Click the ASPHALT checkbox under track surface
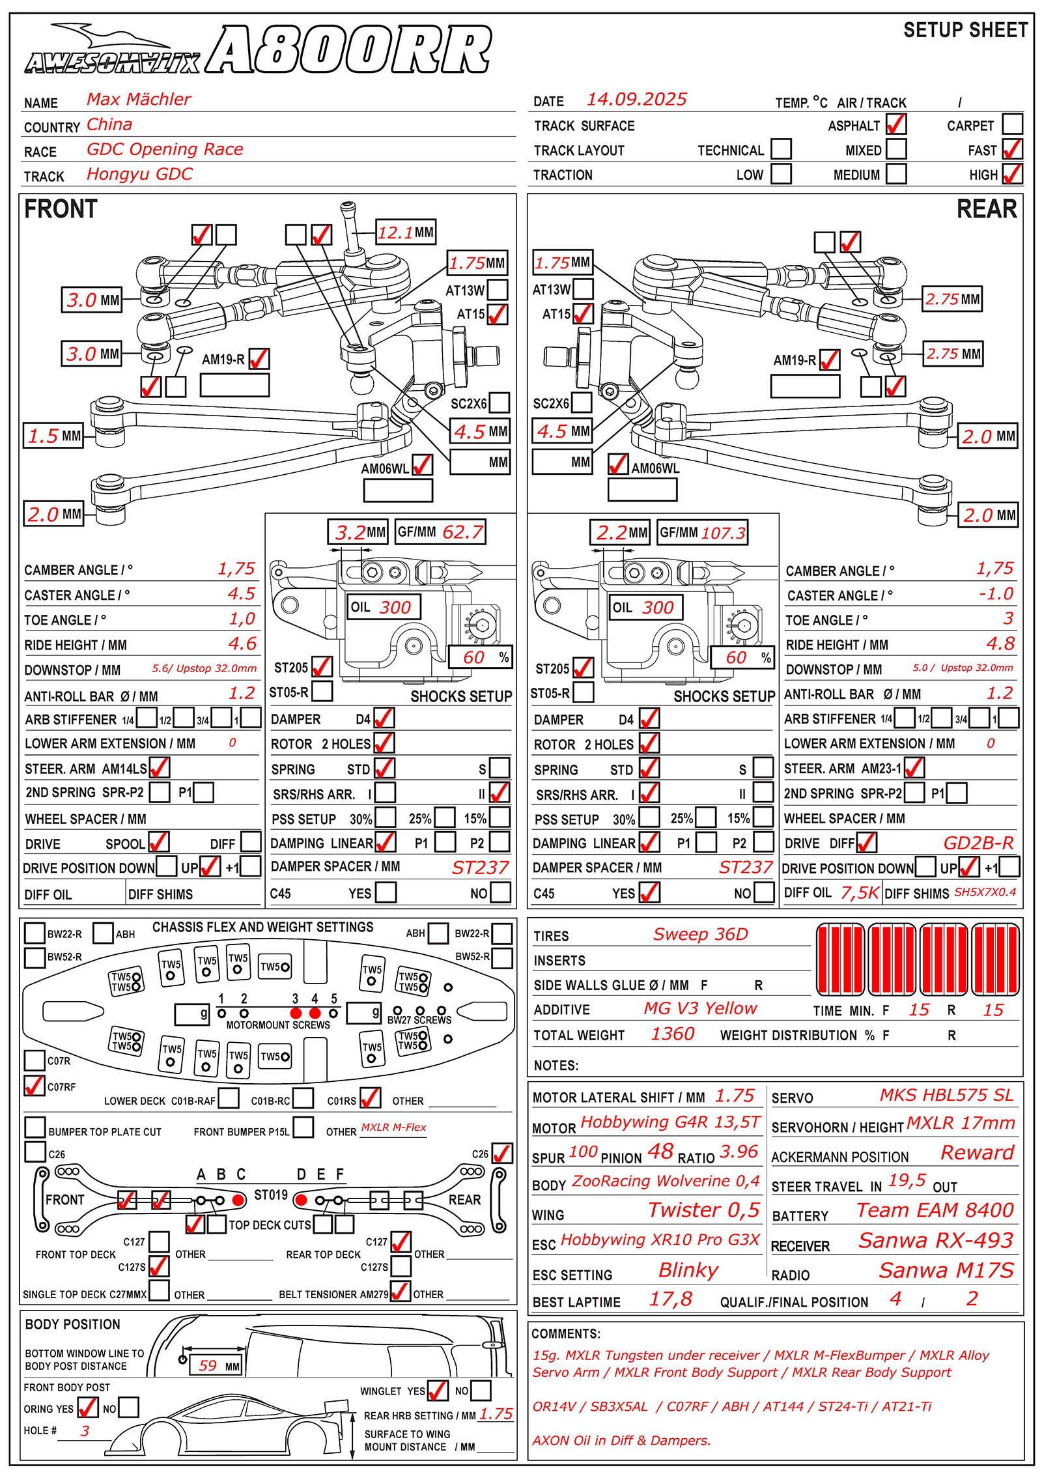(x=896, y=124)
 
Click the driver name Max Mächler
(x=139, y=100)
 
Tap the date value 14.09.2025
(x=636, y=100)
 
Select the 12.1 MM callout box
(x=406, y=233)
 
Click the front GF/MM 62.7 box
(x=441, y=532)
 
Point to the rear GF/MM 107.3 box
(x=702, y=533)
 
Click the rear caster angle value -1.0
(x=996, y=594)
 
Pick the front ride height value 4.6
(x=242, y=644)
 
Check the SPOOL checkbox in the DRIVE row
(x=159, y=842)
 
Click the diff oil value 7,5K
(x=860, y=893)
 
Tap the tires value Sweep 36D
(x=700, y=935)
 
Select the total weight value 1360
(x=673, y=1034)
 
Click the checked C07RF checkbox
(x=35, y=1086)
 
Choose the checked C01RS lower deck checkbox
(x=370, y=1098)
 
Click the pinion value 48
(x=660, y=1152)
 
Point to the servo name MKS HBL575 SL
(x=946, y=1096)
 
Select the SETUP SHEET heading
(x=965, y=31)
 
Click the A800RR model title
(x=348, y=50)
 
